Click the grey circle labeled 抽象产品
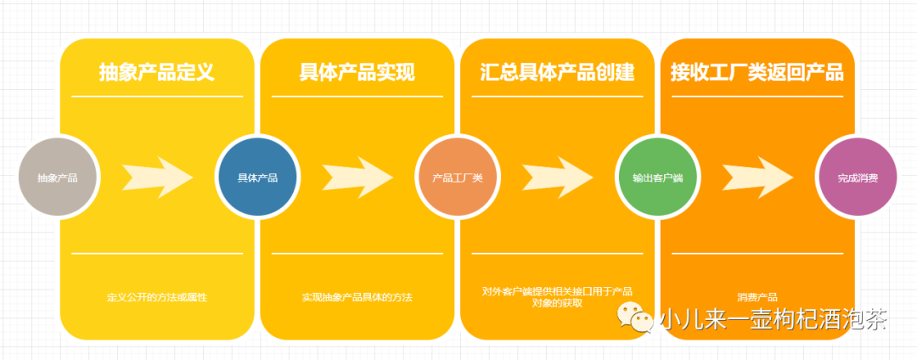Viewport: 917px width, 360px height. click(x=58, y=177)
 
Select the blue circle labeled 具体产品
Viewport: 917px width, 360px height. click(x=257, y=177)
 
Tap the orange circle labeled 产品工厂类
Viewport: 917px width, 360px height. click(x=457, y=177)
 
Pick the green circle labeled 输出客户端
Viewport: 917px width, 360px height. click(x=657, y=177)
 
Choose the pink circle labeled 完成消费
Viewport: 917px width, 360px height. click(x=857, y=177)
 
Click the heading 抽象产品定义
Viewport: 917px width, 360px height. click(x=156, y=72)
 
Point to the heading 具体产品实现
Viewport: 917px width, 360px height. click(x=357, y=72)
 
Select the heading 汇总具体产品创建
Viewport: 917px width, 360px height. click(x=557, y=72)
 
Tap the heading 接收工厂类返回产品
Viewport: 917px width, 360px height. click(x=757, y=72)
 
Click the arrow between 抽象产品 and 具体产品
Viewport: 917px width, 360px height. click(x=158, y=177)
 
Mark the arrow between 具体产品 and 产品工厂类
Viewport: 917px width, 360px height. click(x=357, y=177)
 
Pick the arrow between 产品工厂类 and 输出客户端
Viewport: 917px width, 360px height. click(x=557, y=177)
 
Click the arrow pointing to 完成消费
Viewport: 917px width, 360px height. click(x=757, y=177)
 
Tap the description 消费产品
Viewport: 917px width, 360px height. click(x=757, y=297)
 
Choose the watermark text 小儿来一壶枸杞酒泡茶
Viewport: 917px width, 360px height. click(x=773, y=319)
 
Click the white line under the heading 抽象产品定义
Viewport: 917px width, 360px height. click(x=157, y=97)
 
